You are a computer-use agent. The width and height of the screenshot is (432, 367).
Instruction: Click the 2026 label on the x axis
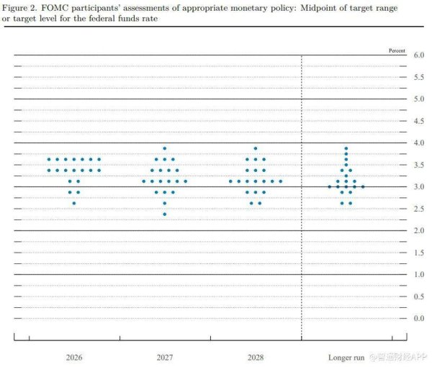[73, 356]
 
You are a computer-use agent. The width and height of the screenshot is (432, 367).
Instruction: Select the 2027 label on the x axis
[164, 356]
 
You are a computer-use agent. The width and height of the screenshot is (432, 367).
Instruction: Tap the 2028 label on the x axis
[255, 356]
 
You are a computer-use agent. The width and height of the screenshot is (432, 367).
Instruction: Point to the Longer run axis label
[345, 356]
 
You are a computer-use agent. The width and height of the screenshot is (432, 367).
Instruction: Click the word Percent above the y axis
[397, 50]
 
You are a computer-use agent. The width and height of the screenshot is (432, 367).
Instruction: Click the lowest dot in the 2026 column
[73, 203]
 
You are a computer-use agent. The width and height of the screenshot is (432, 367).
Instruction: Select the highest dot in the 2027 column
[164, 148]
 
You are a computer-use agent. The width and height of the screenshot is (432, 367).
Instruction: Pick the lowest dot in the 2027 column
[164, 214]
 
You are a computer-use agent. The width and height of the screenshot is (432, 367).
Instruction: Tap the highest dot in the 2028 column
[255, 148]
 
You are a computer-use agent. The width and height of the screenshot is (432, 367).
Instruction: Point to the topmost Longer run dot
[346, 148]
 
